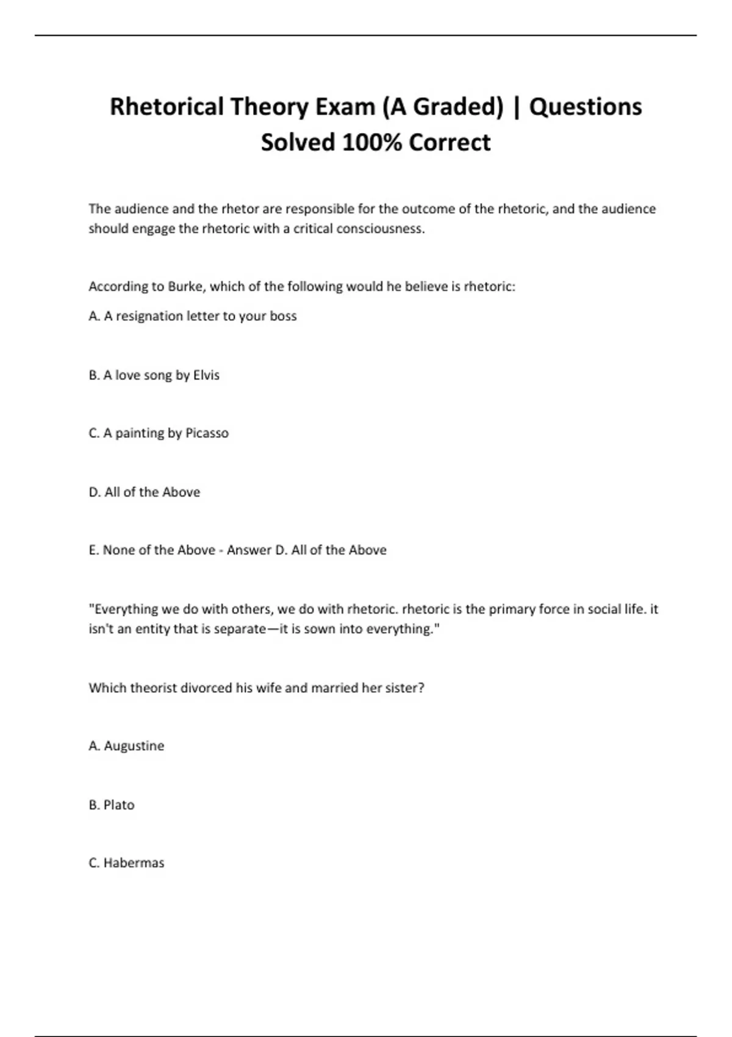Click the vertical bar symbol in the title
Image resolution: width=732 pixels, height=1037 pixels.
click(517, 107)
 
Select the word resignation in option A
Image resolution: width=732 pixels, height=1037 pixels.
click(149, 316)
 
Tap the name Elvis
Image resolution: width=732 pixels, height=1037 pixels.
click(206, 375)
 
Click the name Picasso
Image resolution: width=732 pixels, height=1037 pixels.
click(207, 433)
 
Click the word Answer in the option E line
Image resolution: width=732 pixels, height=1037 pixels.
click(249, 550)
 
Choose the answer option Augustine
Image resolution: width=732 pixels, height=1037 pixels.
click(134, 746)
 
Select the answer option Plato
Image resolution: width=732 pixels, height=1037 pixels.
click(119, 805)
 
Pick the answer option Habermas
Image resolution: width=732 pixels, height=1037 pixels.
click(134, 863)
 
